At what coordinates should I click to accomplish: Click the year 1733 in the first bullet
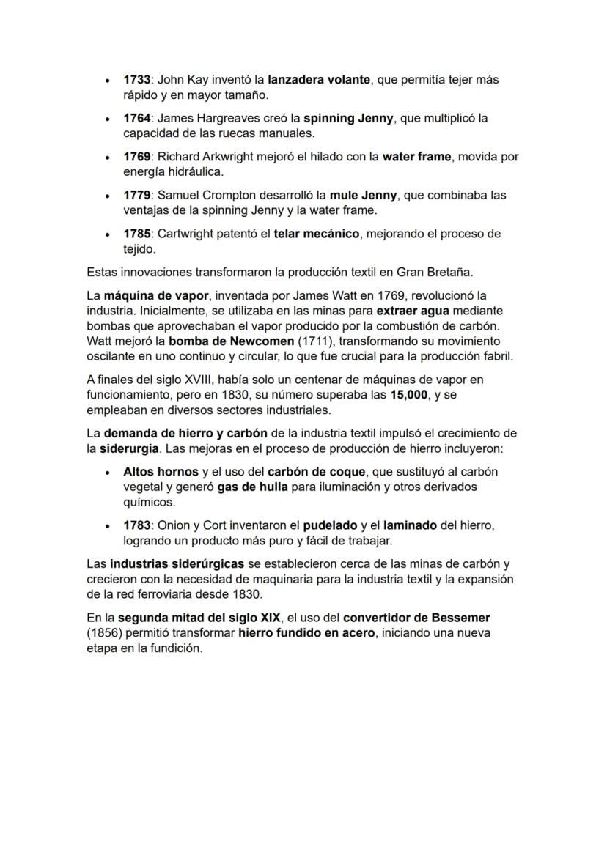pos(138,79)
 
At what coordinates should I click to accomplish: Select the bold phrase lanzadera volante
pos(319,79)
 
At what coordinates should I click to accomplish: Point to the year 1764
pos(138,118)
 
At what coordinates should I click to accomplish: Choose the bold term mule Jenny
pos(364,196)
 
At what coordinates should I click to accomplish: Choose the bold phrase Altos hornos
pos(161,473)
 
